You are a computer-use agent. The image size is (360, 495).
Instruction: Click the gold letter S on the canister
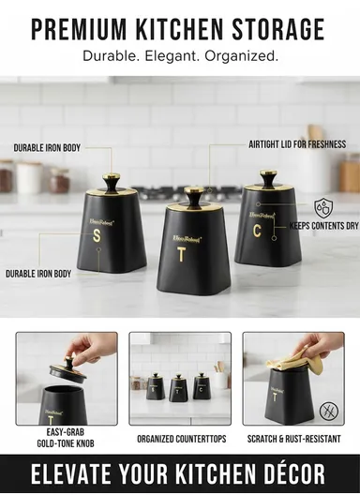pyautogui.click(x=96, y=235)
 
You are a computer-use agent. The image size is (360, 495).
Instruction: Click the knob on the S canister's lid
pyautogui.click(x=112, y=181)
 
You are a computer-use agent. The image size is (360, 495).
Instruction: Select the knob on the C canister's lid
pyautogui.click(x=269, y=176)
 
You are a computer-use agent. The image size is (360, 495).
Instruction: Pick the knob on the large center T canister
pyautogui.click(x=194, y=194)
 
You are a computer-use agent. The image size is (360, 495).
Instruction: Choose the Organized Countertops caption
pyautogui.click(x=180, y=438)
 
